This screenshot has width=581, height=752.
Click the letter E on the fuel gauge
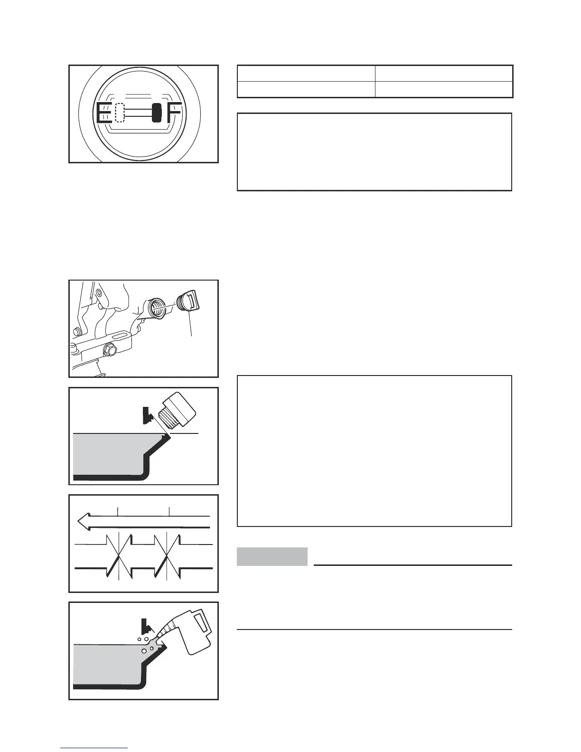104,113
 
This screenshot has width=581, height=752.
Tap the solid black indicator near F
157,113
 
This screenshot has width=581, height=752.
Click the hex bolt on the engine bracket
109,351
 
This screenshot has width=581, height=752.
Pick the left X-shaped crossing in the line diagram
118,556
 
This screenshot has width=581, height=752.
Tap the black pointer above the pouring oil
146,626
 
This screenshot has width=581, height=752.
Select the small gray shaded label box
272,556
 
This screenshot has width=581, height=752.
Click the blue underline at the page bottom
94,748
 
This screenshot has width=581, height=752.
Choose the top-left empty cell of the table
306,74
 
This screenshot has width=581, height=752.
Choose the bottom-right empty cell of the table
444,89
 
